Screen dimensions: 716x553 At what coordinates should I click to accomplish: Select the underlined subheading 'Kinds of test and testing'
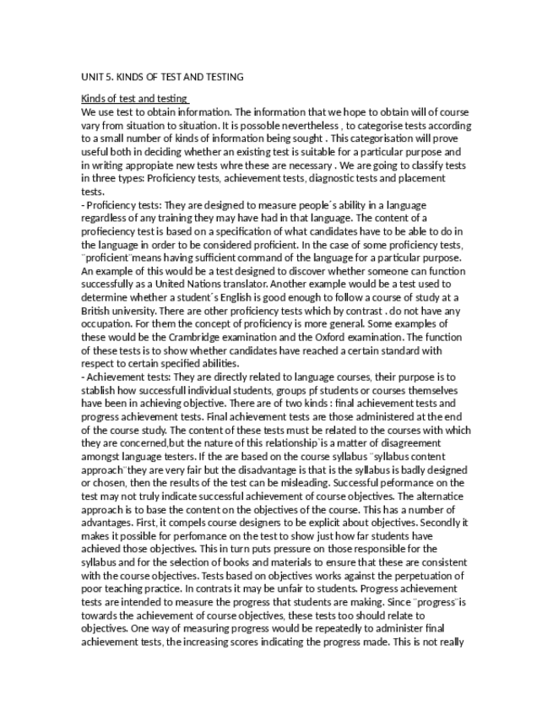[x=133, y=99]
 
